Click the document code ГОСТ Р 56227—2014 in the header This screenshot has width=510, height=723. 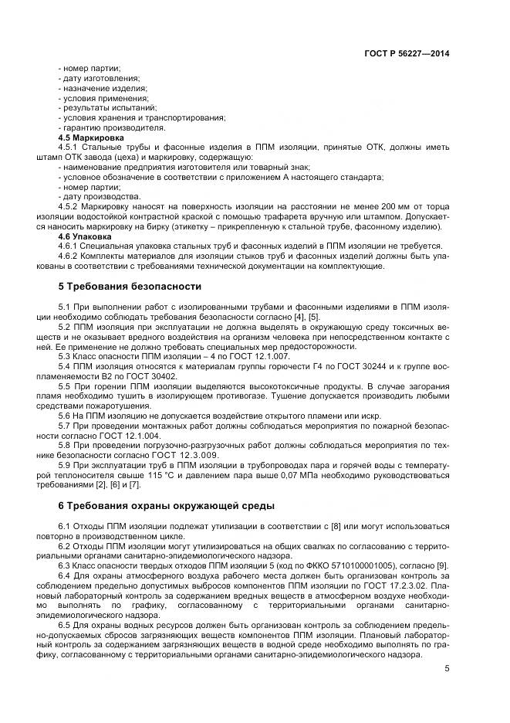[x=407, y=54]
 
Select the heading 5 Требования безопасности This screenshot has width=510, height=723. [x=120, y=287]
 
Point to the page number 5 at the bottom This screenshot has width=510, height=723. [x=447, y=669]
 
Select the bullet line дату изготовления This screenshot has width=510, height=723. [x=101, y=78]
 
